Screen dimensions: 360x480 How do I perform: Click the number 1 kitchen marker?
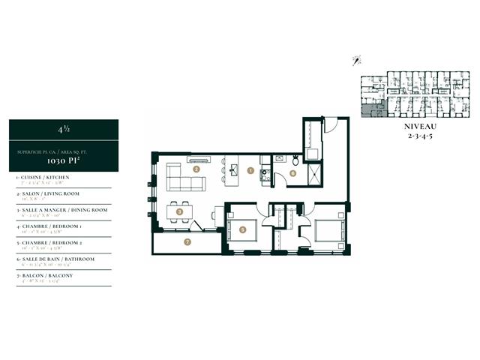(x=251, y=170)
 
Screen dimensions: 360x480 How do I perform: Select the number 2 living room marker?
(x=196, y=169)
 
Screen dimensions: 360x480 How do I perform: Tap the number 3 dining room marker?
(x=179, y=212)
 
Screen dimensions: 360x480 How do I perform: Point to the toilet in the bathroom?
(x=296, y=160)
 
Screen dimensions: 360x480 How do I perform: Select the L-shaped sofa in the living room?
(x=180, y=177)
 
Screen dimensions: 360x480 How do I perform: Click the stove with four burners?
(x=264, y=175)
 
